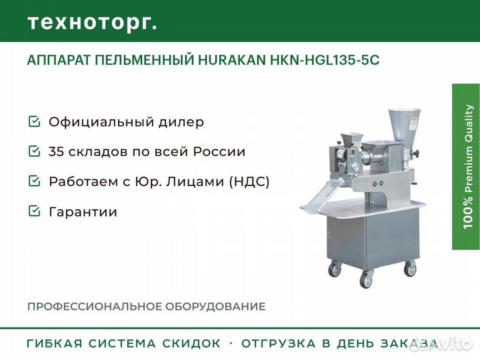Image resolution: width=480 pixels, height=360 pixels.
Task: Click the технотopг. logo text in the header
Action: coord(93,23)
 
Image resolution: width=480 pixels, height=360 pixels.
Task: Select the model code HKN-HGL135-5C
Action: coord(325,60)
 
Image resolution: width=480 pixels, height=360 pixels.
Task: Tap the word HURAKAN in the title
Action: coord(232,60)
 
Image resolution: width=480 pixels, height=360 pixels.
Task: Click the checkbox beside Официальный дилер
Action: coord(34,121)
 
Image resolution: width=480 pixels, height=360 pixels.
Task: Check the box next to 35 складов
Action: coord(34,151)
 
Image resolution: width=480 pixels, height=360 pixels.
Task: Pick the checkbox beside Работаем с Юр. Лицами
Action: coord(34,181)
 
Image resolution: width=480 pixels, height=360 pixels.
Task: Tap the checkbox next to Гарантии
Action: coord(34,211)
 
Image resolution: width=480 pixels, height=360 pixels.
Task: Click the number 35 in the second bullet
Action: coord(56,151)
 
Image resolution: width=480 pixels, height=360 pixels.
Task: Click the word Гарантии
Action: coord(83,212)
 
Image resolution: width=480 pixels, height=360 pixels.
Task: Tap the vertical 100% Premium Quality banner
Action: coord(466,167)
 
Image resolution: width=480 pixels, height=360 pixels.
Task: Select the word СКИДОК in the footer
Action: coord(191,343)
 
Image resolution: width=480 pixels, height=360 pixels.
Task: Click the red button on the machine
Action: coord(375,184)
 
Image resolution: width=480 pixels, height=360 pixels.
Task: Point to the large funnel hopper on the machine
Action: coord(404,125)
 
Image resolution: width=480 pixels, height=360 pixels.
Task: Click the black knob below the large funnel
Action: coord(416,153)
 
